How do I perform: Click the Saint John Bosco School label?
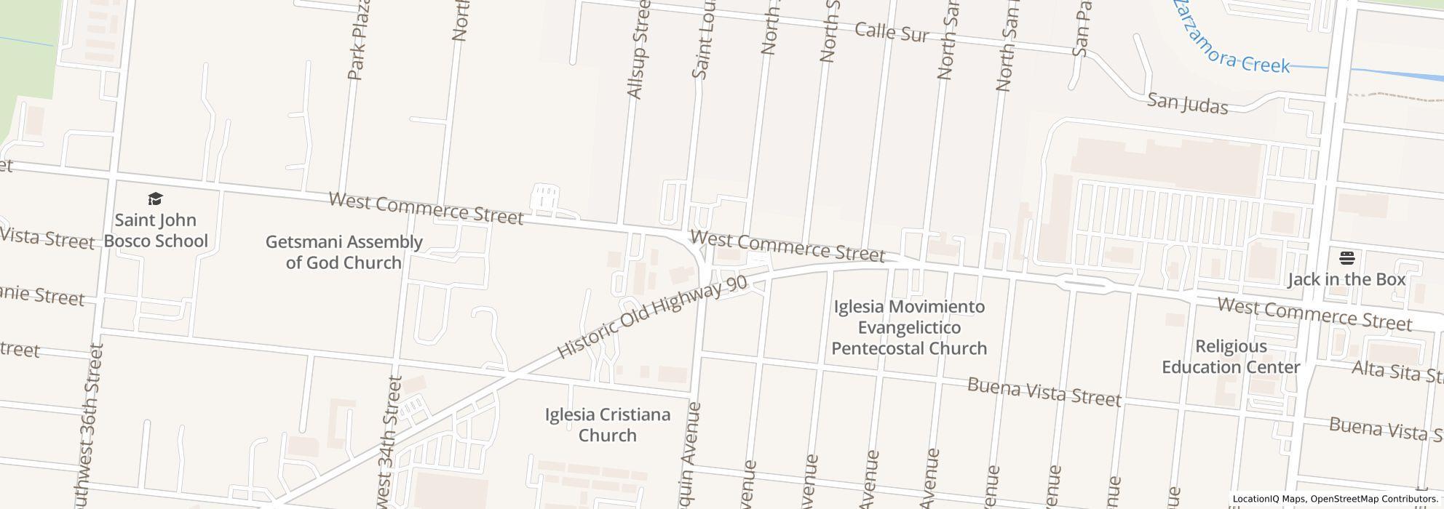156,231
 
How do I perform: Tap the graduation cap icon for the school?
155,199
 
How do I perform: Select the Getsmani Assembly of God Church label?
344,252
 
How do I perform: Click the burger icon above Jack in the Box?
1346,258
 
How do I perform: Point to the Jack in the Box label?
1346,279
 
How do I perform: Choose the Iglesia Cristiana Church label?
608,425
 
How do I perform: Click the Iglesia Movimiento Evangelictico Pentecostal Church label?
909,327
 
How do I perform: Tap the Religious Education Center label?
1231,356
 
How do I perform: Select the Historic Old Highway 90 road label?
652,317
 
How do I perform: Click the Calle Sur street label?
892,32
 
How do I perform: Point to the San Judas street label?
1187,103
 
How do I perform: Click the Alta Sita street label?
1396,372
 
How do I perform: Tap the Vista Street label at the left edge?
47,238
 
